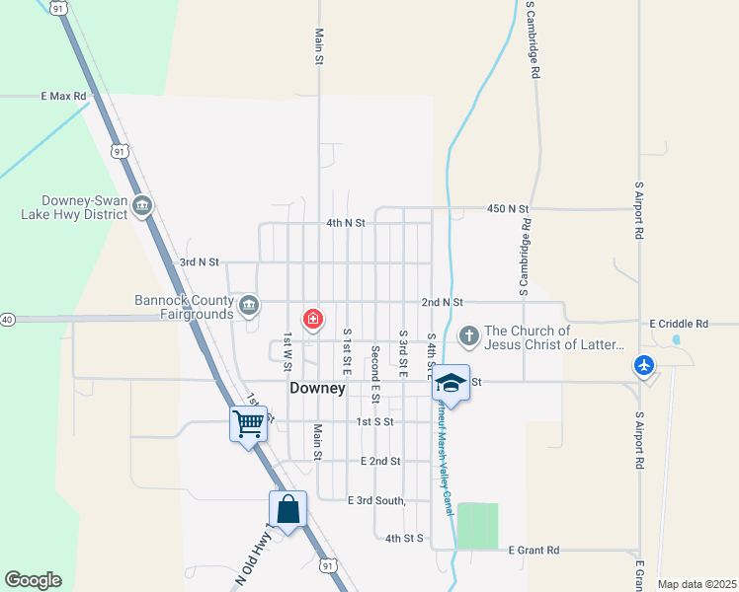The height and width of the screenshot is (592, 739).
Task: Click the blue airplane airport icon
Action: [x=644, y=365]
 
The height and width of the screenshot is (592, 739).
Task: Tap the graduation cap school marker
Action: [x=450, y=382]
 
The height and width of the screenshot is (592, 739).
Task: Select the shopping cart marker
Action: [x=248, y=423]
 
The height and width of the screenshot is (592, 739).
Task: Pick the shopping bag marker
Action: [x=287, y=509]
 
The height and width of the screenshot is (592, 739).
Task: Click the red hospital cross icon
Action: [x=313, y=319]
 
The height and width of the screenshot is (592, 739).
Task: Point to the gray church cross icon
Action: [x=468, y=336]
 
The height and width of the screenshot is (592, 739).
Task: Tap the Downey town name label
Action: [x=317, y=389]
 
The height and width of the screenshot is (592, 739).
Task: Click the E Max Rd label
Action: [x=64, y=97]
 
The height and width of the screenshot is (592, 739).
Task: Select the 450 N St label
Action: [x=508, y=209]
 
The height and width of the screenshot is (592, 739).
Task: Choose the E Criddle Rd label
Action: [x=679, y=324]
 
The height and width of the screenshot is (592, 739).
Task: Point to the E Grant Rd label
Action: [x=534, y=551]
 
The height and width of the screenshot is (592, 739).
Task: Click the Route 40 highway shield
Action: [x=7, y=320]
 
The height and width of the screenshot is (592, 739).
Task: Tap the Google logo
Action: [x=33, y=580]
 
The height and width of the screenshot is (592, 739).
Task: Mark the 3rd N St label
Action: [x=199, y=262]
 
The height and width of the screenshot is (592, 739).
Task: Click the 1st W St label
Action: [x=287, y=351]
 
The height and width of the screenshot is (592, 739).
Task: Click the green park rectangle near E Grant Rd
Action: [x=477, y=525]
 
